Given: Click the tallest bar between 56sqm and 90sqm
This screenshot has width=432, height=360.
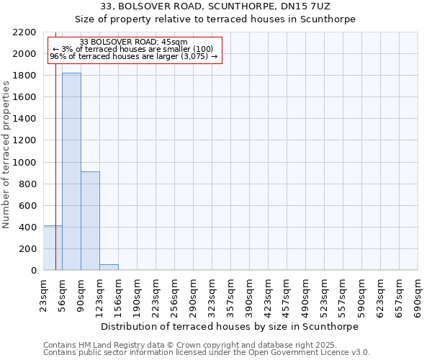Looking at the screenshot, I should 71,171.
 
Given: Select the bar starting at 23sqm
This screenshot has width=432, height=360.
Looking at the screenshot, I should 53,248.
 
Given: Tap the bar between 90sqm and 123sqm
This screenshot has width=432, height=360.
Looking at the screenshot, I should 90,220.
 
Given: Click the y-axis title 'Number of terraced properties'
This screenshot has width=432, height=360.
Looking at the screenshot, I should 6,155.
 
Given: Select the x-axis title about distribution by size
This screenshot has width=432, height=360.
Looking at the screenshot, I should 230,326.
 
